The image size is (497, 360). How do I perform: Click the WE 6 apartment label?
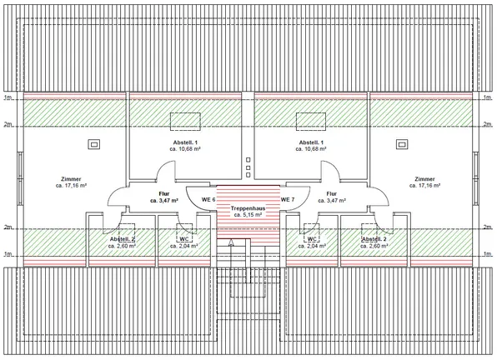(x=208, y=200)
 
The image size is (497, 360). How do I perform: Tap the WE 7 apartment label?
(x=288, y=200)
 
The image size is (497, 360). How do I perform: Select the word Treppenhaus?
(x=248, y=208)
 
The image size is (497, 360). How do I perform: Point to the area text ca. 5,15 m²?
(x=248, y=215)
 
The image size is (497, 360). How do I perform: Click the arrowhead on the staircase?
(x=231, y=242)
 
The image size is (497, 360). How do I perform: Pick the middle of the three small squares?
(x=248, y=167)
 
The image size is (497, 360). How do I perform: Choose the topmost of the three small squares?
(x=248, y=160)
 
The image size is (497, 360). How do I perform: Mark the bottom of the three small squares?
(x=248, y=175)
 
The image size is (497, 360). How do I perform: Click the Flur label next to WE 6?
(x=164, y=194)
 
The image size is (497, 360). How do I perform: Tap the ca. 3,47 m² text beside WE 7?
(x=332, y=201)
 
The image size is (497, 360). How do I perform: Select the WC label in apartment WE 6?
(x=184, y=238)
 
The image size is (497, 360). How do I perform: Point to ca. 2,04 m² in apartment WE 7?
(x=312, y=246)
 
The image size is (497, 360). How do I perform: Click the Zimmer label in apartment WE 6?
(x=71, y=179)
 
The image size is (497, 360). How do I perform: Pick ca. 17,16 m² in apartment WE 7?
(x=424, y=186)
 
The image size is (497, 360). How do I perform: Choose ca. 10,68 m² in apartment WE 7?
(x=311, y=149)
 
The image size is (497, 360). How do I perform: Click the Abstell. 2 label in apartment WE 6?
(x=122, y=238)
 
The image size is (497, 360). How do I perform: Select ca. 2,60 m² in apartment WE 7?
(x=374, y=246)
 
